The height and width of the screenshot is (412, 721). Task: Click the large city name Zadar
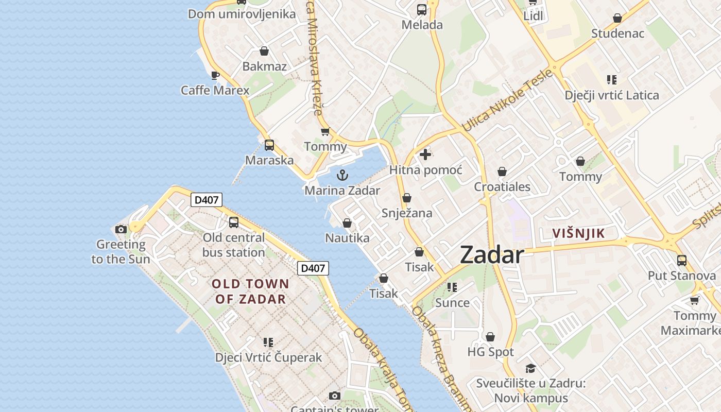coord(491,254)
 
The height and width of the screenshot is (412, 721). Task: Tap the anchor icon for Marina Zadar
coord(342,176)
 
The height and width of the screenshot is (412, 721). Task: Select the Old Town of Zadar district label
coord(250,291)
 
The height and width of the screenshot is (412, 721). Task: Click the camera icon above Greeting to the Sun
coord(121,230)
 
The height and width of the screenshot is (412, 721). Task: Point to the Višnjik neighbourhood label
coord(578,233)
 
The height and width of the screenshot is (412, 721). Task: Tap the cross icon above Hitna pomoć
coord(425,154)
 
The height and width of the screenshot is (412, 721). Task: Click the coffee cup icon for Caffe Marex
coord(215,76)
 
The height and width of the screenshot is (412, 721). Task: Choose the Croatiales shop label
coord(502,186)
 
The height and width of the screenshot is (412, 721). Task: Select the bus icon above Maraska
coord(269,145)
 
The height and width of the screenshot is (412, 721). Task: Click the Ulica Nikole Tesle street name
coord(507,100)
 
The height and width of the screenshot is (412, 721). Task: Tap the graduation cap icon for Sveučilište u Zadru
coord(530,368)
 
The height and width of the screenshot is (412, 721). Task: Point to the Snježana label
coord(407,213)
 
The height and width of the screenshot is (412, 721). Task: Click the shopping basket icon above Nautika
coord(347,223)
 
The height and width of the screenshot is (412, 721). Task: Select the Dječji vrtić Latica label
coord(611,95)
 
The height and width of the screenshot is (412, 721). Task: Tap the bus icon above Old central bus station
coord(234,222)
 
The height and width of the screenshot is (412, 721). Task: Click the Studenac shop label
coord(617,33)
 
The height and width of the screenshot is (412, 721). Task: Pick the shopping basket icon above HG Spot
coord(490,337)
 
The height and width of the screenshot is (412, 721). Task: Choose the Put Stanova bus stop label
coord(681,276)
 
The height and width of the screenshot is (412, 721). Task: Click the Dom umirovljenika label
coord(242,14)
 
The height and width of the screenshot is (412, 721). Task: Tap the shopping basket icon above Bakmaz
coord(264,51)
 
